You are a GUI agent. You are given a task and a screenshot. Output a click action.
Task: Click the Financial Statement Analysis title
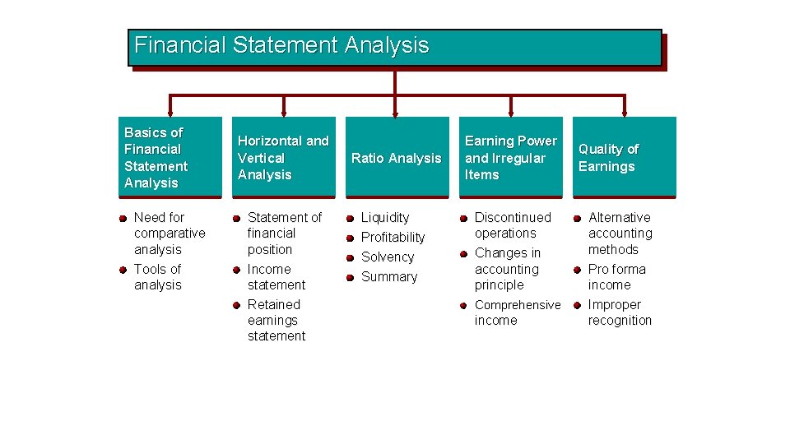(x=281, y=44)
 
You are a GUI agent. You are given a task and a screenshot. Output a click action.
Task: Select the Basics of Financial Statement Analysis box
(x=170, y=157)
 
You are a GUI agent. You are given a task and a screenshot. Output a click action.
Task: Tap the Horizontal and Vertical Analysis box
(x=284, y=157)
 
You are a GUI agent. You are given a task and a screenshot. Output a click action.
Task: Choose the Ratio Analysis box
(x=397, y=158)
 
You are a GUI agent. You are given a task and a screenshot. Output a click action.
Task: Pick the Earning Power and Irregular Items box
(x=511, y=157)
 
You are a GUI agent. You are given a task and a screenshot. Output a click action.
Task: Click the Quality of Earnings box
(x=625, y=157)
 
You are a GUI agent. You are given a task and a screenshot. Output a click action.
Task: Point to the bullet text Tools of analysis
(x=158, y=277)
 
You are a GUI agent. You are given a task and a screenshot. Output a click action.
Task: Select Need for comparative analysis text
(x=170, y=234)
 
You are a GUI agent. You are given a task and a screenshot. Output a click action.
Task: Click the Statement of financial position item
(x=284, y=234)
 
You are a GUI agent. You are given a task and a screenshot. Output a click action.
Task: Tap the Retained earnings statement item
(x=276, y=320)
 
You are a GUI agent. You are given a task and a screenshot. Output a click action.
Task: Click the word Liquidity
(x=385, y=218)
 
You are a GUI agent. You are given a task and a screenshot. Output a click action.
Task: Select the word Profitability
(x=393, y=238)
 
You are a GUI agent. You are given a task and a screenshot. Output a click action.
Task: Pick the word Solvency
(x=388, y=257)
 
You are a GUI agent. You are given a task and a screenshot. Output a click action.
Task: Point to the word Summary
(x=389, y=277)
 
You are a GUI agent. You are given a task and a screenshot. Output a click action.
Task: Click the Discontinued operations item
(x=513, y=225)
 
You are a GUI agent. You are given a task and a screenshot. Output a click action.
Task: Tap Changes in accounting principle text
(x=508, y=269)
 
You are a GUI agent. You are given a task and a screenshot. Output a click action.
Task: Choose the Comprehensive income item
(x=517, y=312)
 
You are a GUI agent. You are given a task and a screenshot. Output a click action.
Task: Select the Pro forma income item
(x=616, y=277)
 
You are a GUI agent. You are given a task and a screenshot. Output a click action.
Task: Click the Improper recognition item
(x=620, y=312)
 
